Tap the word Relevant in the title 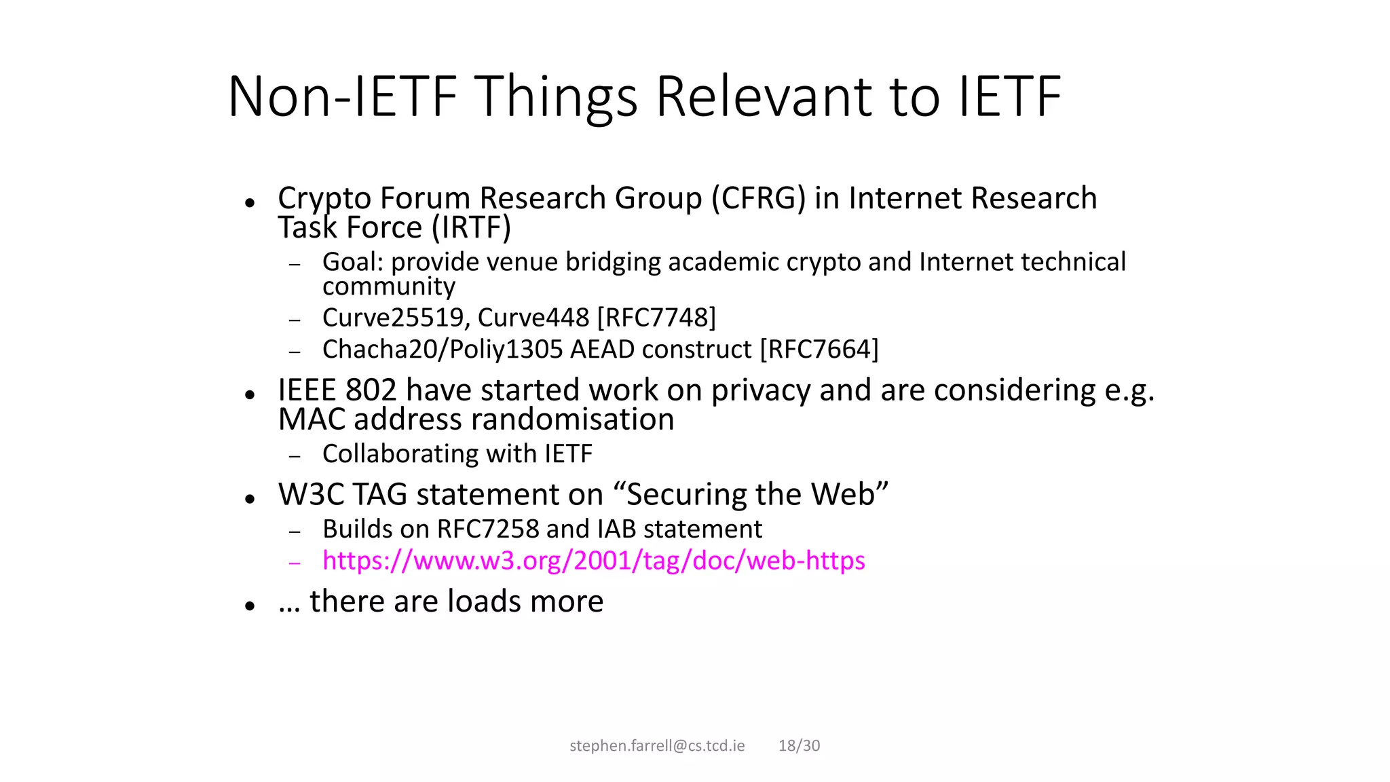pyautogui.click(x=764, y=96)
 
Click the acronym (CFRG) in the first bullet pyautogui.click(x=758, y=198)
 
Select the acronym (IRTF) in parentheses pyautogui.click(x=471, y=227)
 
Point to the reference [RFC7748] pyautogui.click(x=656, y=318)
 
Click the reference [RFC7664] pyautogui.click(x=819, y=350)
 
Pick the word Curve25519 pyautogui.click(x=396, y=318)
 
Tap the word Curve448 pyautogui.click(x=534, y=318)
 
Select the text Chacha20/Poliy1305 pyautogui.click(x=443, y=350)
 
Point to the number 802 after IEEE pyautogui.click(x=371, y=390)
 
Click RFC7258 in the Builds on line pyautogui.click(x=487, y=529)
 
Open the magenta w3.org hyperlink pyautogui.click(x=593, y=561)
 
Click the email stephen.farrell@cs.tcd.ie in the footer pyautogui.click(x=657, y=745)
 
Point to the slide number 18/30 pyautogui.click(x=799, y=745)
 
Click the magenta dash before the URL pyautogui.click(x=295, y=563)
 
